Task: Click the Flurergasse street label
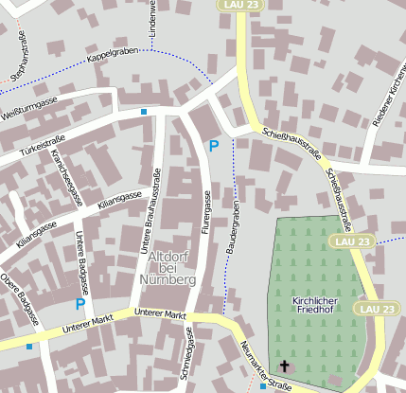pos(205,213)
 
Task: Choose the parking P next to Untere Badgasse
pos(79,304)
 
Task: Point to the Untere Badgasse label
pos(82,259)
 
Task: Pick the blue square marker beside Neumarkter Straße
pos(263,386)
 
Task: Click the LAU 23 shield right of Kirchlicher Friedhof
pos(376,309)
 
